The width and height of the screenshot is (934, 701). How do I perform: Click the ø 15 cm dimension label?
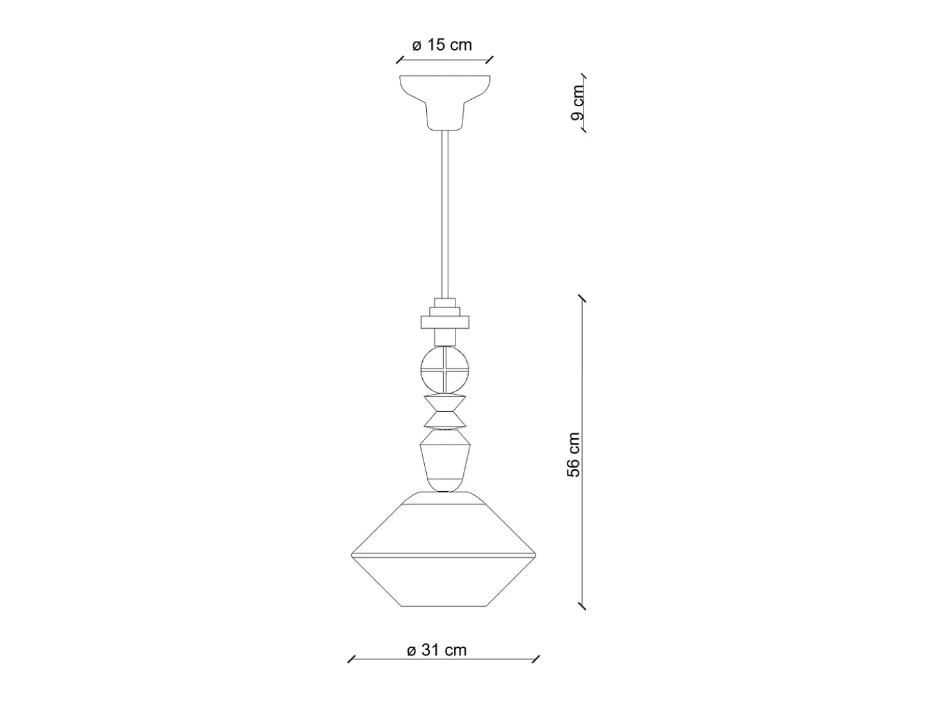coord(442,45)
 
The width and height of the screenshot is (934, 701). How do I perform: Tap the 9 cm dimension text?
coord(578,102)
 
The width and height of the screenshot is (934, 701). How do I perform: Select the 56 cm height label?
coord(574,455)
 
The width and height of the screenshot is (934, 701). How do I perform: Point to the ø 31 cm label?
coord(436,650)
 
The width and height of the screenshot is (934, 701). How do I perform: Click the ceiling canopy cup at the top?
coord(445,102)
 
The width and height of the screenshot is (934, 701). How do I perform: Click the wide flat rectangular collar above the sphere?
coord(445,322)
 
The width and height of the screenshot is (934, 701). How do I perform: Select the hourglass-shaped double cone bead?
coord(445,412)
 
